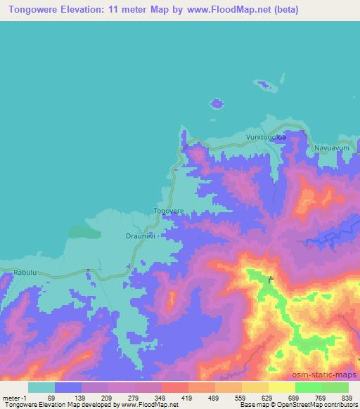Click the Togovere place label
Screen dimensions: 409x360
click(x=169, y=210)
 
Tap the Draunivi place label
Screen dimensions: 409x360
click(x=140, y=236)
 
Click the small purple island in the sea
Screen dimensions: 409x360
click(x=217, y=103)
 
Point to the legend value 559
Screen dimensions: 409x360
click(x=240, y=397)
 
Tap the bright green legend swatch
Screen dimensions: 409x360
click(x=308, y=387)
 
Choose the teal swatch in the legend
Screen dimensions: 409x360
click(x=41, y=387)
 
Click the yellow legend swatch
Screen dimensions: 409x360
click(x=281, y=387)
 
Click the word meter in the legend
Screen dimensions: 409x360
click(x=11, y=397)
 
